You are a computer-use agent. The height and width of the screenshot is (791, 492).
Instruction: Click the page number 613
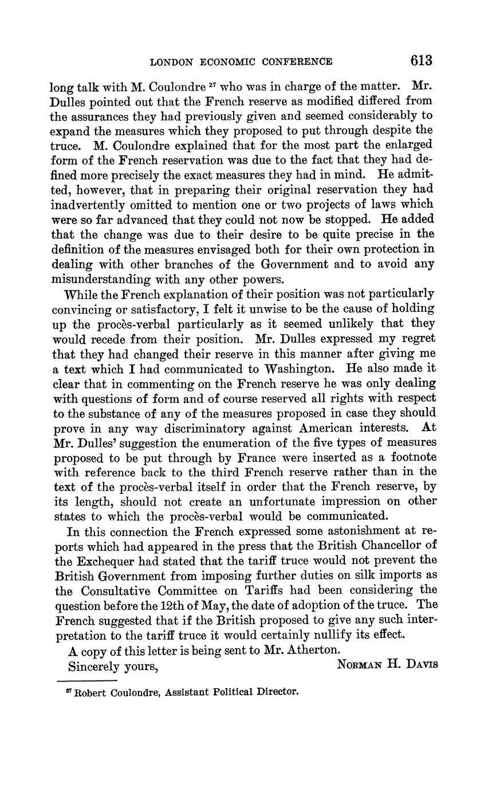(x=420, y=61)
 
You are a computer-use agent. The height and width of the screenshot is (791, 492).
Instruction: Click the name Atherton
(x=315, y=650)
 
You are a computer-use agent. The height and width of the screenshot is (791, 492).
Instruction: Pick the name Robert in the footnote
(x=90, y=692)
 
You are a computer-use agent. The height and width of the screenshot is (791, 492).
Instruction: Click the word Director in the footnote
(x=277, y=692)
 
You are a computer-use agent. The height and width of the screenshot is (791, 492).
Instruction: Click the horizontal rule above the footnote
(x=88, y=681)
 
